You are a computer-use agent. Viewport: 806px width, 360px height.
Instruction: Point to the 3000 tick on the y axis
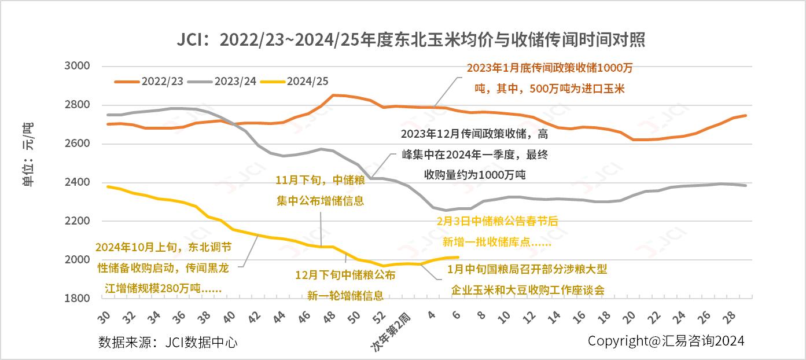pyautogui.click(x=78, y=66)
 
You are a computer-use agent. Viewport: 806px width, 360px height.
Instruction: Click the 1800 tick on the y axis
pyautogui.click(x=78, y=298)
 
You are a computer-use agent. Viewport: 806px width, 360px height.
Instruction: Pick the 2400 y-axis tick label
pyautogui.click(x=78, y=182)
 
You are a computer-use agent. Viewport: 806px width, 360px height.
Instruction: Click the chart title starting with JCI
pyautogui.click(x=411, y=40)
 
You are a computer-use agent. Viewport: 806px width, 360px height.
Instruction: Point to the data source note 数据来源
pyautogui.click(x=168, y=342)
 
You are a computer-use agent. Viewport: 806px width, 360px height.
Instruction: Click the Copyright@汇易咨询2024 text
pyautogui.click(x=666, y=341)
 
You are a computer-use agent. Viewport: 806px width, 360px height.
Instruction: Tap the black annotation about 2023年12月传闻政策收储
pyautogui.click(x=474, y=155)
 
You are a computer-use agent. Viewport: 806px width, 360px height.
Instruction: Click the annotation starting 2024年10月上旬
pyautogui.click(x=163, y=267)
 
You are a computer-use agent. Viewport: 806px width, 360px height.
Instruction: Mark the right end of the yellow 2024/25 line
pyautogui.click(x=458, y=257)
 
